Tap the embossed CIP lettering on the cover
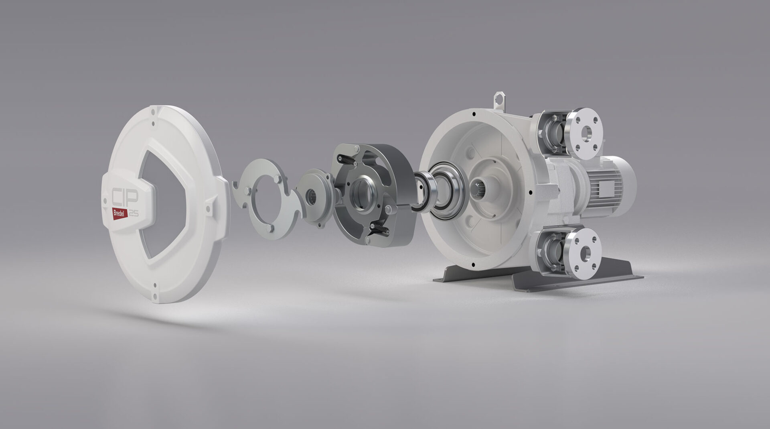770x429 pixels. coord(124,197)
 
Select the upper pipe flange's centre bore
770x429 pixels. coord(586,132)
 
